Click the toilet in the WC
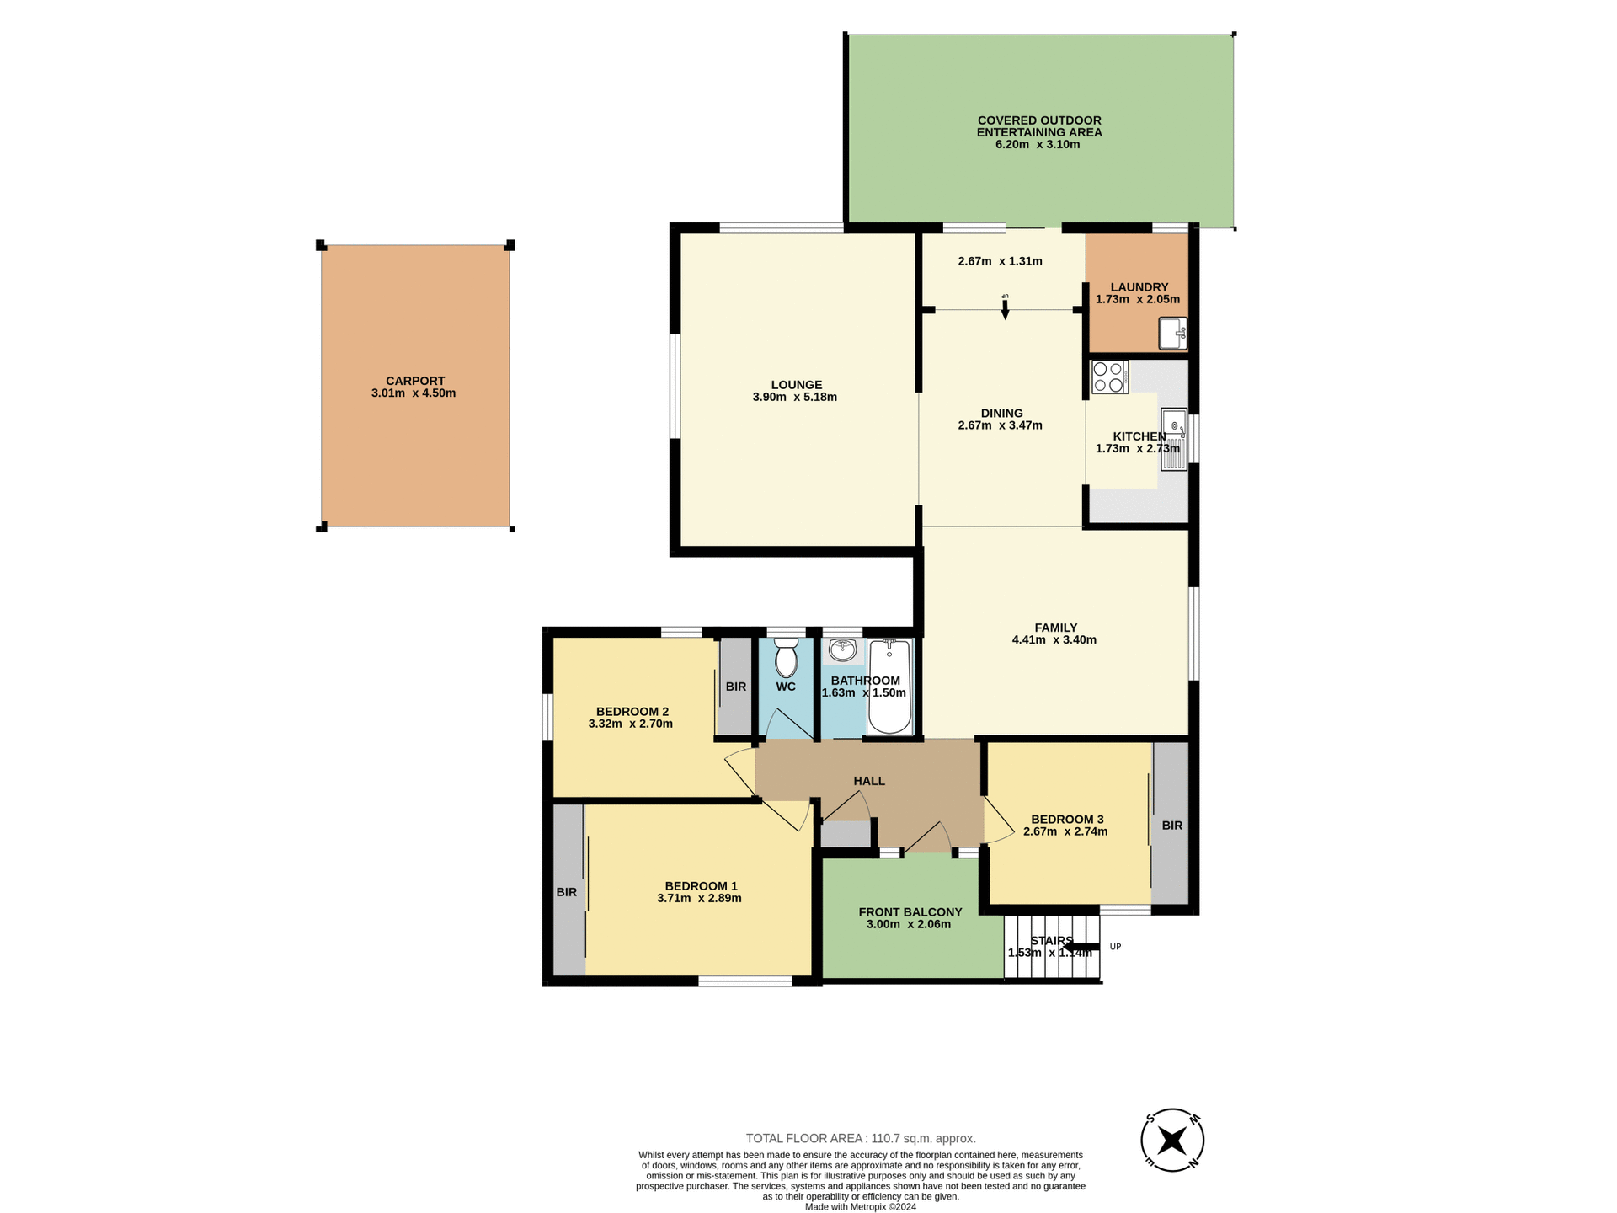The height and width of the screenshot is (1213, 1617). click(786, 659)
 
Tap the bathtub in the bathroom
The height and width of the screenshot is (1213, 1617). click(889, 687)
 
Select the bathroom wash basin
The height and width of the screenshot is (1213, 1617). click(842, 650)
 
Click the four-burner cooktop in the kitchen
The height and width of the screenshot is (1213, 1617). click(1109, 377)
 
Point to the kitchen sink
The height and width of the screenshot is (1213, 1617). click(1174, 439)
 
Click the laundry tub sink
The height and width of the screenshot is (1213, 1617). click(1172, 333)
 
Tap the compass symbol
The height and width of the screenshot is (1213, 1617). click(1171, 1141)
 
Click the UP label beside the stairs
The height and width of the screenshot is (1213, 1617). click(1115, 947)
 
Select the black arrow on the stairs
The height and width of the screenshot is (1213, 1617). click(1081, 948)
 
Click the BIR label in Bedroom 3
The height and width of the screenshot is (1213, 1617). click(1171, 826)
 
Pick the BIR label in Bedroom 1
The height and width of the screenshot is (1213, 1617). click(566, 892)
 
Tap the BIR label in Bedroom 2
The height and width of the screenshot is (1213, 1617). click(735, 687)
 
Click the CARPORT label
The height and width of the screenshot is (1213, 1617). click(414, 381)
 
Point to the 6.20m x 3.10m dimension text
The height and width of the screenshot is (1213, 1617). click(1038, 145)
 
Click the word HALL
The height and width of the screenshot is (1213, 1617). click(869, 781)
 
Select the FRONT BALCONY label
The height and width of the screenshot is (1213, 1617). click(910, 912)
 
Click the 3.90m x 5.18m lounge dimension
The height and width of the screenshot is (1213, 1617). click(794, 398)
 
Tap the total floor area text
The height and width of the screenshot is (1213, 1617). click(860, 1138)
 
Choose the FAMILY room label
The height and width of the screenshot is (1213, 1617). click(1055, 628)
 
